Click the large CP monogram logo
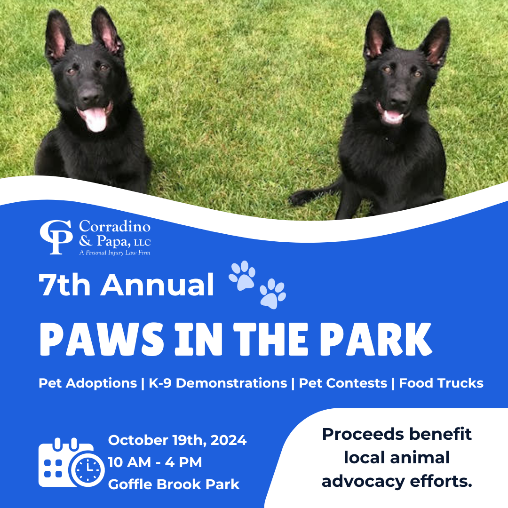pyautogui.click(x=56, y=237)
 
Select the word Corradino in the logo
pyautogui.click(x=115, y=227)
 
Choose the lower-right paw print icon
pyautogui.click(x=273, y=294)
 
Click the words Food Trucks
pyautogui.click(x=441, y=383)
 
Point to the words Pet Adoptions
pyautogui.click(x=87, y=383)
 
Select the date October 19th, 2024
pyautogui.click(x=177, y=441)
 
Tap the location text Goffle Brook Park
pyautogui.click(x=174, y=484)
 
